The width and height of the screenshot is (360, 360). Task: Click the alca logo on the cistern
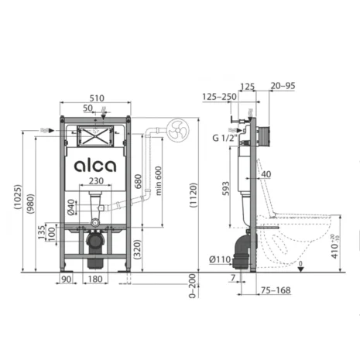point(95,166)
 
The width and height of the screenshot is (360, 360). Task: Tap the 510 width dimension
point(97,98)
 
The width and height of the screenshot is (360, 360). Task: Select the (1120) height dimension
point(194,195)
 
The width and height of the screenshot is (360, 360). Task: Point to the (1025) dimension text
point(18,197)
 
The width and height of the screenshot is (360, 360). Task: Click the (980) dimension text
point(30,204)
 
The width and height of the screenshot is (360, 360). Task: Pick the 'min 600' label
point(158,180)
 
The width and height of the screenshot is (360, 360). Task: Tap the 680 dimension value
point(138,181)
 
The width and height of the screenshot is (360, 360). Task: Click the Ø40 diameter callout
point(70,207)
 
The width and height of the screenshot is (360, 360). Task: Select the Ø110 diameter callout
point(220,259)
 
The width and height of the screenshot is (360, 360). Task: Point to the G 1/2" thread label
point(225,138)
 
